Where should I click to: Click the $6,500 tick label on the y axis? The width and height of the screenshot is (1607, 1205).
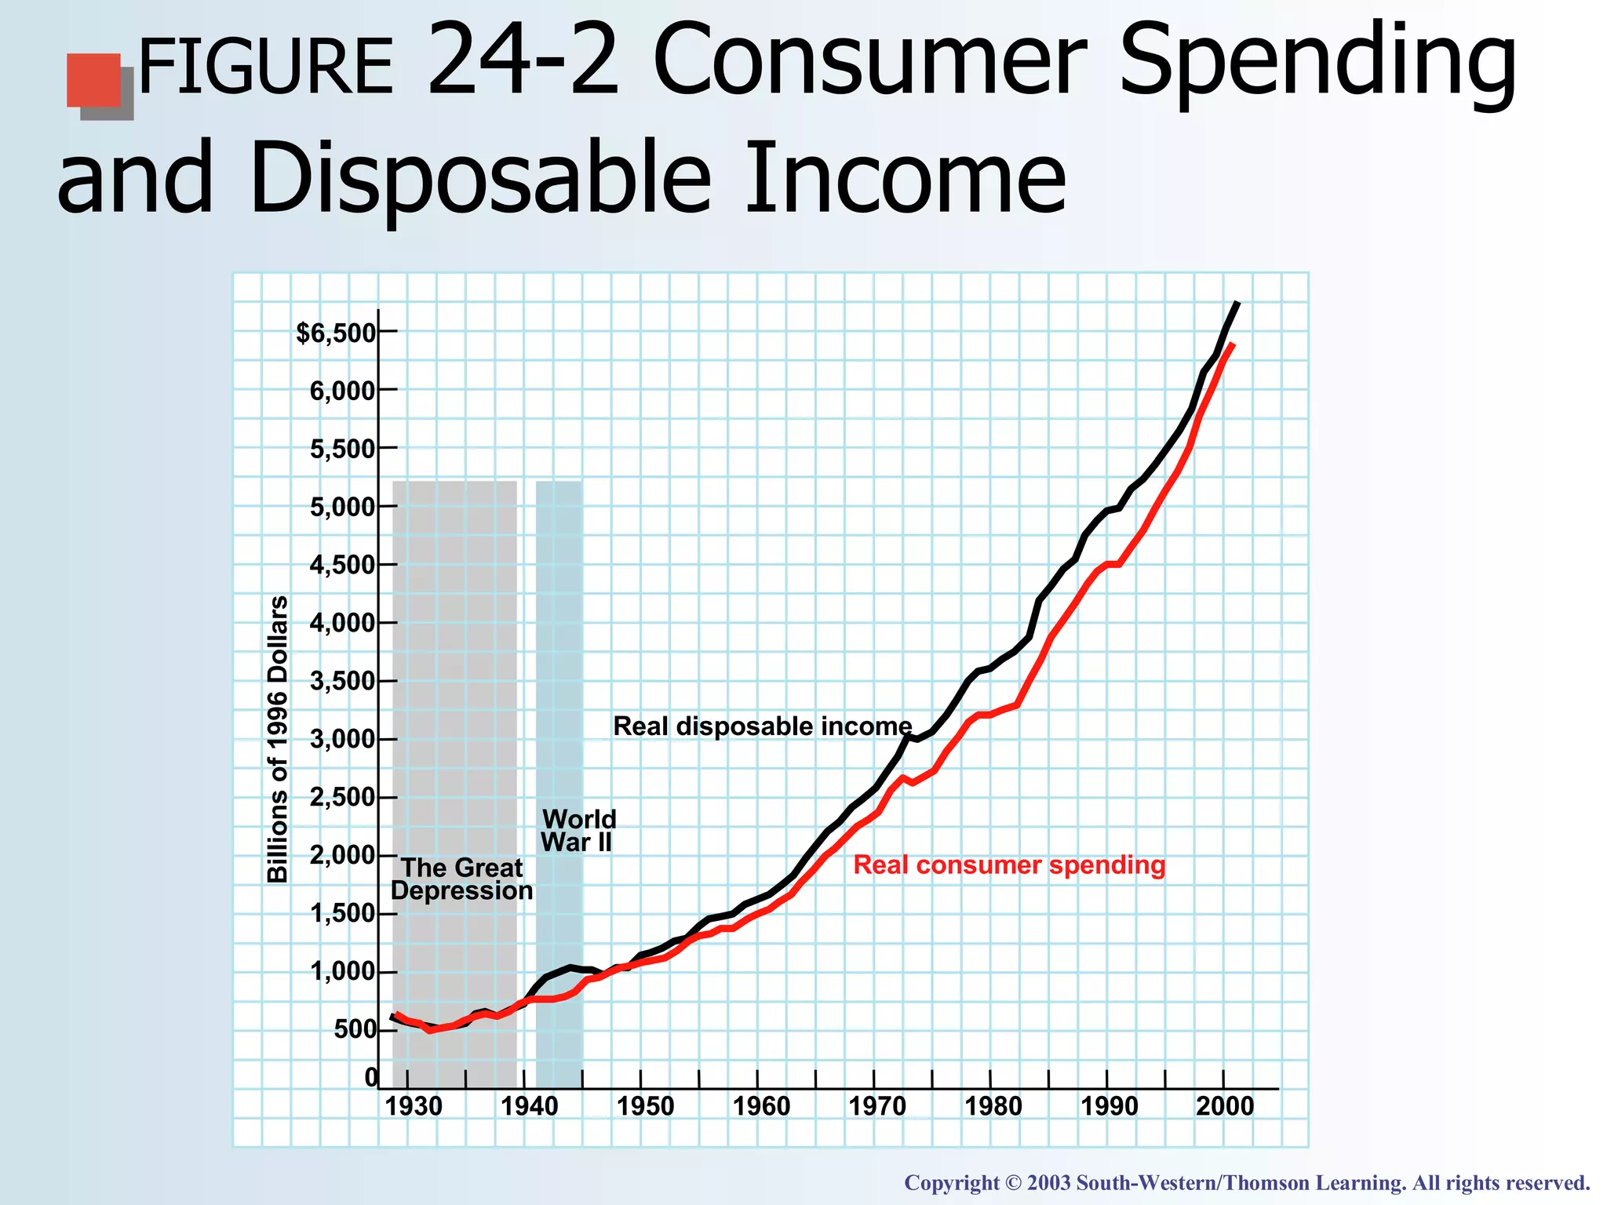point(336,333)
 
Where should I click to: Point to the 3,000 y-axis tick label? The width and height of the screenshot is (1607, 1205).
point(344,739)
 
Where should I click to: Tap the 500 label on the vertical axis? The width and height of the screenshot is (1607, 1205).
point(355,1029)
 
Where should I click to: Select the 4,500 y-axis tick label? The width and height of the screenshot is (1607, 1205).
point(344,565)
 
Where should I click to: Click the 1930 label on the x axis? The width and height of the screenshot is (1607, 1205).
point(414,1107)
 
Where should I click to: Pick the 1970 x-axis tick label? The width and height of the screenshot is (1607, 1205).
point(877,1107)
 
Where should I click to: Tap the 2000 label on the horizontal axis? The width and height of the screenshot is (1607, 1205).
point(1225,1107)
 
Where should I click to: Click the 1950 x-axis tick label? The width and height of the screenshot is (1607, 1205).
point(645,1107)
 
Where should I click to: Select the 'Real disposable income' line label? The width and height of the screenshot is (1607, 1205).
point(762,726)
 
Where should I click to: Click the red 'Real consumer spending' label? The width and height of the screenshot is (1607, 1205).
point(1009,865)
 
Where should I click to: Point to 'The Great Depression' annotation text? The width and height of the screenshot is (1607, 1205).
point(461,879)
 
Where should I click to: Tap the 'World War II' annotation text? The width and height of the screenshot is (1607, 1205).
point(578,831)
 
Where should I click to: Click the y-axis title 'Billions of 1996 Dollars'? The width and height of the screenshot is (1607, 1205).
point(278,738)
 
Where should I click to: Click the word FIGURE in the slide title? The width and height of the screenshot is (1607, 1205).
point(265,69)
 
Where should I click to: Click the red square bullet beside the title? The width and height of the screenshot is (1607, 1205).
point(93,80)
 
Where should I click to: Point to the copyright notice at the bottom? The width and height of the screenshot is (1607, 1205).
point(1247,1183)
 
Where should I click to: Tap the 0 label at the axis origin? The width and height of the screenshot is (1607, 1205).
point(371,1078)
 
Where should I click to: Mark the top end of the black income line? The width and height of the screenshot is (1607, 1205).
point(1237,303)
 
